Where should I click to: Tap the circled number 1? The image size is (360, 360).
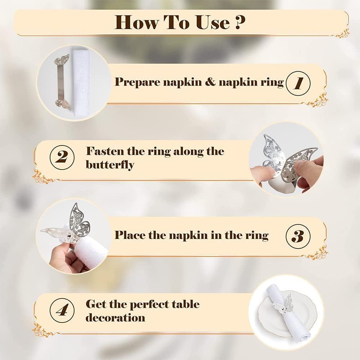[298, 83]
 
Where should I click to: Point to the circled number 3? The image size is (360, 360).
[298, 236]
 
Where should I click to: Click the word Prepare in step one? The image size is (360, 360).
[138, 82]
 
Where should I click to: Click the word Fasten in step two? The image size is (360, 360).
[105, 151]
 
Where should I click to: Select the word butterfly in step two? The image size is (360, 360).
[110, 165]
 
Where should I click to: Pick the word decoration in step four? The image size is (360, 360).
[115, 318]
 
